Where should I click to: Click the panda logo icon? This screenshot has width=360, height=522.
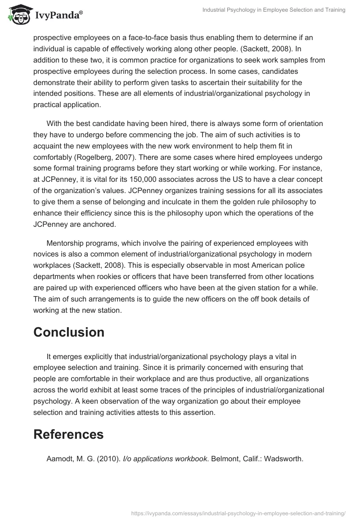18,15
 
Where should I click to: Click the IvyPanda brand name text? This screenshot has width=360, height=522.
57,16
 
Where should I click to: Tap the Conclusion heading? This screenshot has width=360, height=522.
69,332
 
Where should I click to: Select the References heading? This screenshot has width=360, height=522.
68,434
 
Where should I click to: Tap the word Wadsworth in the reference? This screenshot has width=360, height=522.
283,459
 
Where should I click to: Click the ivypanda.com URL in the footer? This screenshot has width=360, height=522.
239,513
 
